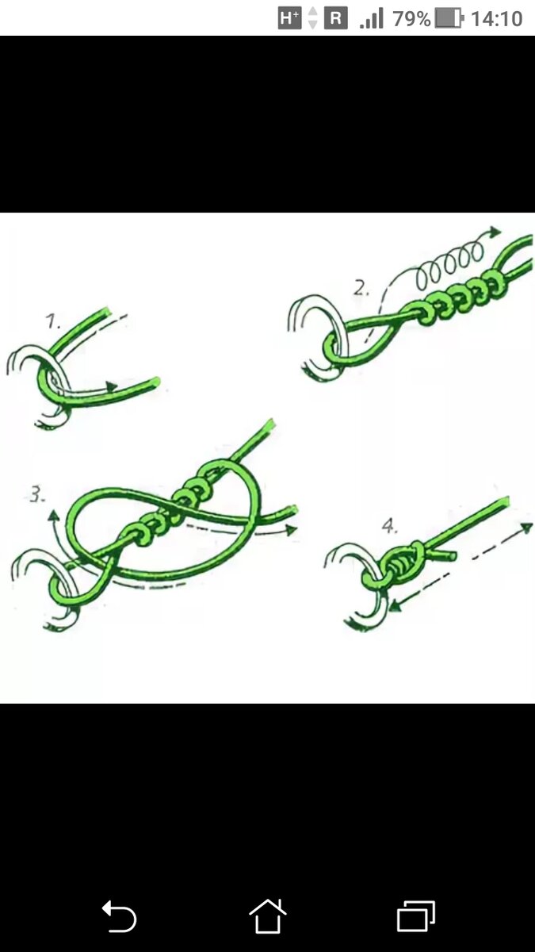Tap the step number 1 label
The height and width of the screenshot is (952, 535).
click(53, 321)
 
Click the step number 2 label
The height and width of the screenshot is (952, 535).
click(361, 289)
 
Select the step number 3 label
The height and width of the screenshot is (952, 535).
click(37, 495)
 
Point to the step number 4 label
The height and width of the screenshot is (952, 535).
click(389, 526)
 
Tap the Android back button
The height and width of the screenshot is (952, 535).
click(119, 916)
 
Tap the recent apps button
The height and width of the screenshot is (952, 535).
click(415, 916)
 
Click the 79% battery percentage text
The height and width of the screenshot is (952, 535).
click(411, 19)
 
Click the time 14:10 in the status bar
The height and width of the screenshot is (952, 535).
click(496, 19)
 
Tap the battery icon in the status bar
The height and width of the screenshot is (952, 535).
click(449, 19)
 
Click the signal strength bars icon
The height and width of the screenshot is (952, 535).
click(372, 19)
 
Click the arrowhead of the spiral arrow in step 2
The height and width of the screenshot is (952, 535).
click(495, 232)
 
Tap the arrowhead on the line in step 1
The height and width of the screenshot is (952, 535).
click(112, 386)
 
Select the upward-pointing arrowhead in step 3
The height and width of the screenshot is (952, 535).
click(53, 516)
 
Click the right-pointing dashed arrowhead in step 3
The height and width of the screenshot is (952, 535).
click(290, 530)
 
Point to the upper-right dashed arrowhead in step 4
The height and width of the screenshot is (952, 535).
click(526, 528)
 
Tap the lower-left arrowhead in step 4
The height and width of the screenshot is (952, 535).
click(396, 605)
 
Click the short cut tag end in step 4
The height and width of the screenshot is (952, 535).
click(445, 555)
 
